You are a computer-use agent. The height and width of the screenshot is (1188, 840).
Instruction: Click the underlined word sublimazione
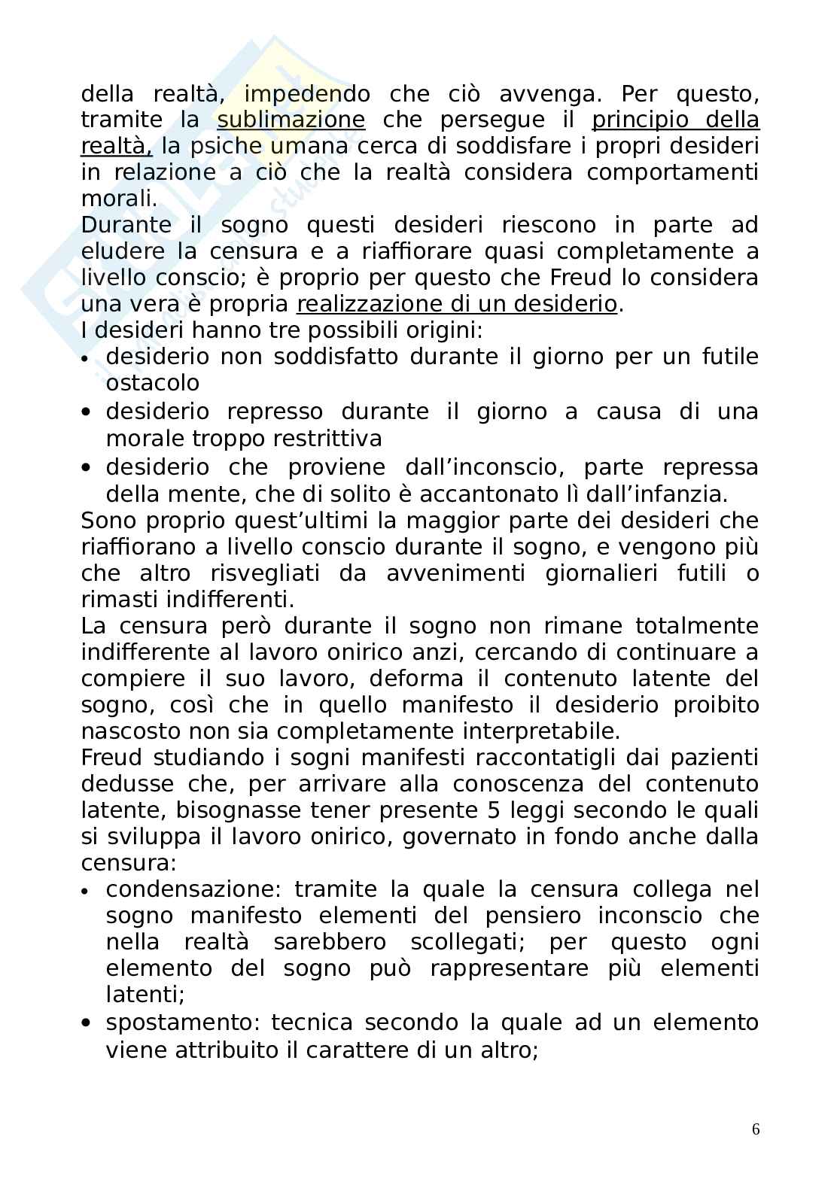pos(291,120)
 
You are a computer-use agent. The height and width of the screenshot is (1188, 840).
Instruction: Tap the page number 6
pos(756,1129)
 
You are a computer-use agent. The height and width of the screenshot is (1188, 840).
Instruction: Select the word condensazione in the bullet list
pos(193,889)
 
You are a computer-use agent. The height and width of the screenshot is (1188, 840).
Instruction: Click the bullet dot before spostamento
pos(88,1023)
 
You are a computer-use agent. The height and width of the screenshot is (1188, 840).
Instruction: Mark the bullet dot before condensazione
pos(88,891)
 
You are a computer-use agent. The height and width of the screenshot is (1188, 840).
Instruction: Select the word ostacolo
pos(152,383)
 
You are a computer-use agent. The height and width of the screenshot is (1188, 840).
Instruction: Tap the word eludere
pos(121,252)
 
